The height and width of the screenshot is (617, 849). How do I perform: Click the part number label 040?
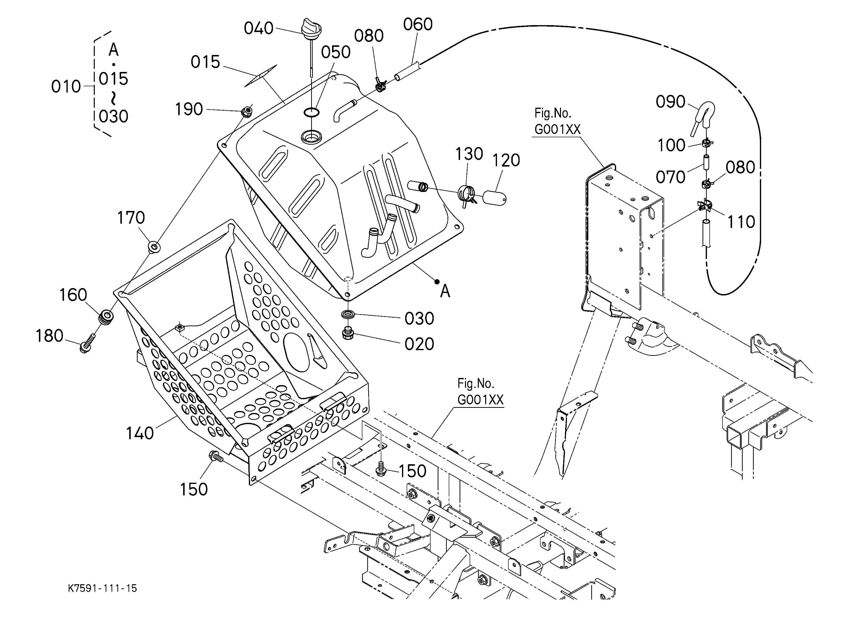click(x=259, y=29)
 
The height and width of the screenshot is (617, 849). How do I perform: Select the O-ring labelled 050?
click(x=311, y=112)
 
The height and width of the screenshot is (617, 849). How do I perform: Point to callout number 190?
click(x=189, y=109)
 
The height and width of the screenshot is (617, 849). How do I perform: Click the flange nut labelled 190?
click(x=246, y=111)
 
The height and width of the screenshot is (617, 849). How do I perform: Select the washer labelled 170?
click(x=154, y=247)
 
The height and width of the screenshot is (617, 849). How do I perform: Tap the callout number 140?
click(x=140, y=433)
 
